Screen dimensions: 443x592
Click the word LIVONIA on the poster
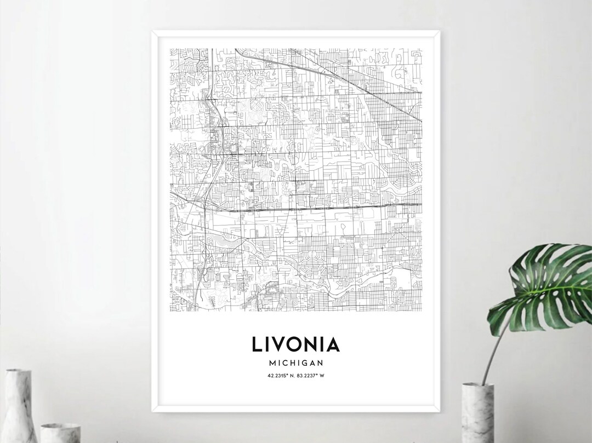[x=295, y=344]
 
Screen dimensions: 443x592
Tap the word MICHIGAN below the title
[x=295, y=363]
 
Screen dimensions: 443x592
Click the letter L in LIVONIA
[x=257, y=344]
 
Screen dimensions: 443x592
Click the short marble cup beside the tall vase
[x=60, y=432]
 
